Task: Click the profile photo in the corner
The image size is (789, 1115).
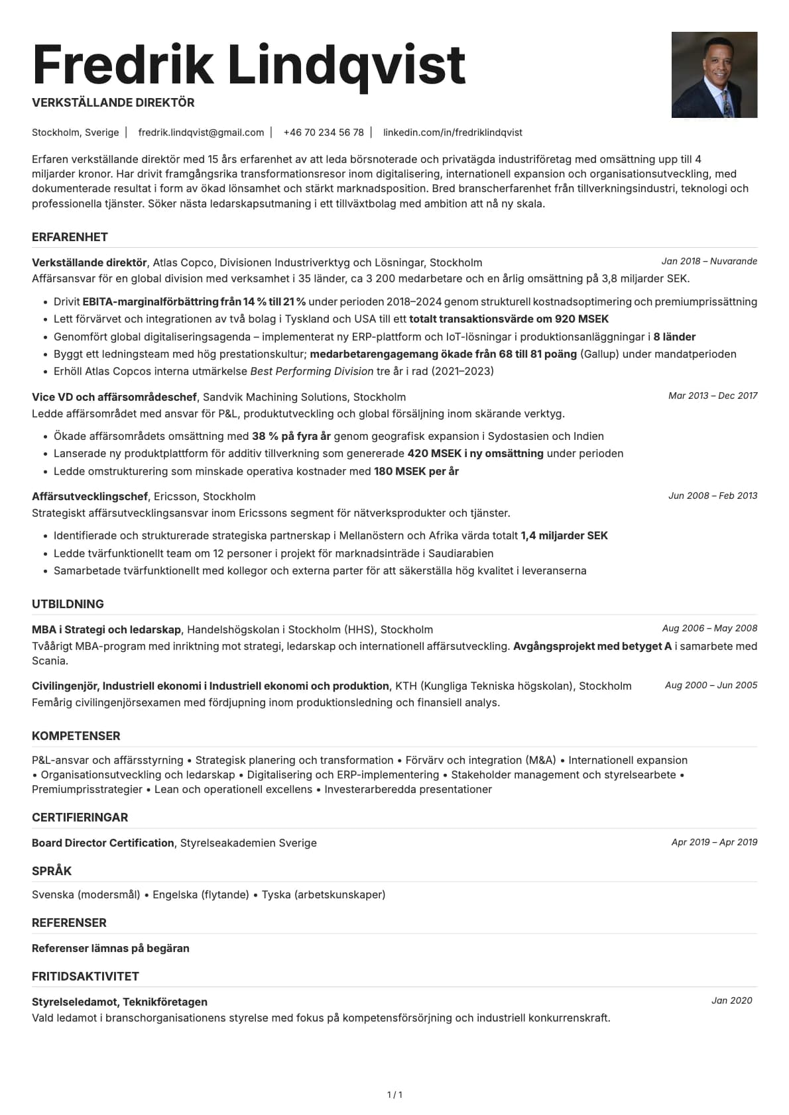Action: point(714,75)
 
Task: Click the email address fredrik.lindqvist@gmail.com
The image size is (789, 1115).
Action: point(201,133)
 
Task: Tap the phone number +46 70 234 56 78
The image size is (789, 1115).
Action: point(324,133)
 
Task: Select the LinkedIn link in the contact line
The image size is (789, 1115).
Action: point(452,133)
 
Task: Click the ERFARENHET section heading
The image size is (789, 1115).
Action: point(70,237)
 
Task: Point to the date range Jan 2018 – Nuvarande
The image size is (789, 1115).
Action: point(709,261)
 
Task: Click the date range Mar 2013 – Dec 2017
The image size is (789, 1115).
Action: point(713,396)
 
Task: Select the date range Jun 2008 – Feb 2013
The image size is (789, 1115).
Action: point(713,496)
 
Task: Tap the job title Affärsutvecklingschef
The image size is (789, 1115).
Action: point(90,496)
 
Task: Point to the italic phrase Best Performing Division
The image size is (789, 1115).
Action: point(312,371)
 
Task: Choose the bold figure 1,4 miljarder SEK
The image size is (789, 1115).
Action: point(564,535)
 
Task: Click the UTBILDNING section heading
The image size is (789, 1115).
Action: point(68,604)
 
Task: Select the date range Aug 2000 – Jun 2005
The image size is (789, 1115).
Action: point(711,685)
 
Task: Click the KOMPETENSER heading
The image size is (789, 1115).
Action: point(76,736)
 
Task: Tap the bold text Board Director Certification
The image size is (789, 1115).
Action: point(103,843)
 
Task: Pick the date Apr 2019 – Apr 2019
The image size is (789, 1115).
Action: point(714,842)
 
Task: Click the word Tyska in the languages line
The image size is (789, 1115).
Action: point(276,894)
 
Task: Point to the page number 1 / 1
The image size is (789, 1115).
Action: point(394,1094)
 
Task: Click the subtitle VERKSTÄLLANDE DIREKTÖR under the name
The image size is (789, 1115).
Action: point(113,103)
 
